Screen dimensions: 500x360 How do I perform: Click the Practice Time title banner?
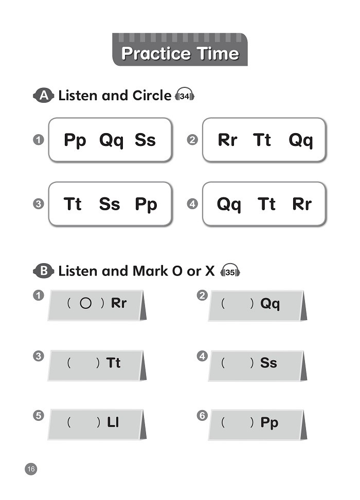[179, 51]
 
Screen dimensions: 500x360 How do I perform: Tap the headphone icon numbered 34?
[185, 96]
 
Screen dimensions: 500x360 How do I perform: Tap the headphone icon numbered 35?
[230, 271]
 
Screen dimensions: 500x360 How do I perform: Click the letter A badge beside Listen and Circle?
[44, 96]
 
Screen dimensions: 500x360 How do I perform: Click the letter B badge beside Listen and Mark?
[44, 271]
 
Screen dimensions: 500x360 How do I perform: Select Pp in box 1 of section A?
[75, 140]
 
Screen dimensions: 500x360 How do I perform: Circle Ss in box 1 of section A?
[145, 140]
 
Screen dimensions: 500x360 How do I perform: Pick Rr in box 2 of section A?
[228, 140]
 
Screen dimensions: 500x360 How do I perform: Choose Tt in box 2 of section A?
[262, 140]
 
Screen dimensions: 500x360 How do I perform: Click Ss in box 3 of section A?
[109, 205]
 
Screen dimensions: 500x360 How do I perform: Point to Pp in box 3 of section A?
[146, 205]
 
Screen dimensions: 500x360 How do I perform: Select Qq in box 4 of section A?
[229, 205]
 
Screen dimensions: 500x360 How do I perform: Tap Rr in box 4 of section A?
[301, 205]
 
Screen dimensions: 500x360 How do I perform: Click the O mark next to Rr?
[86, 303]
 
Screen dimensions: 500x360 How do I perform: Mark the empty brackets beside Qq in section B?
[238, 304]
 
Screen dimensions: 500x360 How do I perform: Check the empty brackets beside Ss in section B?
[238, 363]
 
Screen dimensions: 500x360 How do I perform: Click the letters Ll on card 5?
[113, 422]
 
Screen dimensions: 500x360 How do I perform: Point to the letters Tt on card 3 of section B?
[113, 363]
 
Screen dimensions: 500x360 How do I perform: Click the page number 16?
[31, 469]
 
